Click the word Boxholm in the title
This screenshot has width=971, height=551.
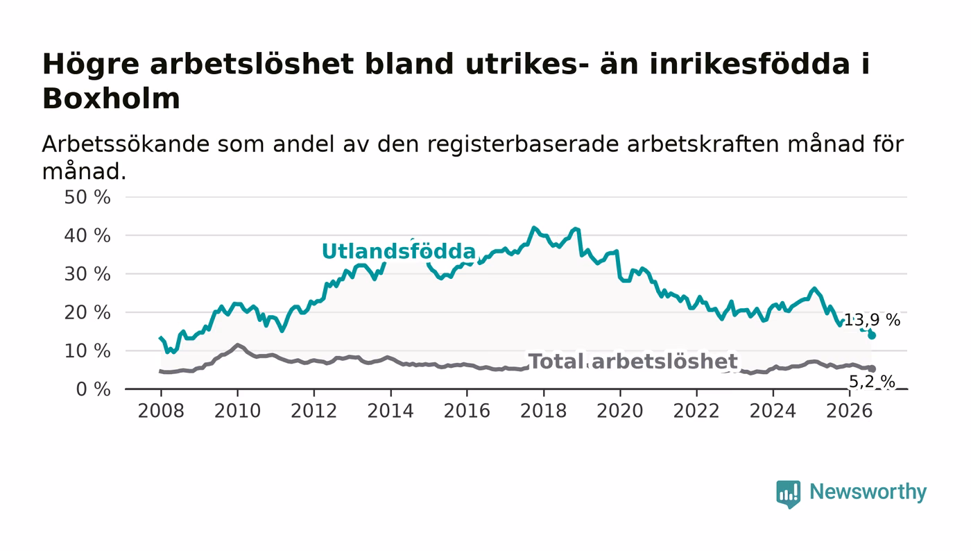(x=111, y=99)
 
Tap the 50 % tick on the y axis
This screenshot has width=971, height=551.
(x=87, y=197)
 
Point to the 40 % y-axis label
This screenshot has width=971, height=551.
(x=87, y=235)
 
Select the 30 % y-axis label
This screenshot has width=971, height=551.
(x=87, y=274)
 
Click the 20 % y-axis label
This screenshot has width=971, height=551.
(x=87, y=312)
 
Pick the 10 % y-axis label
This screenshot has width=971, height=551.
(x=87, y=351)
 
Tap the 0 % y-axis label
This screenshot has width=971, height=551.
(x=93, y=389)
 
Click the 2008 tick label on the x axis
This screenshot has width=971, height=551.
(x=161, y=411)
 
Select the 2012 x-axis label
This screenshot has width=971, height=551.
(x=313, y=411)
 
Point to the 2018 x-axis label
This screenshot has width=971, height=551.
(x=543, y=411)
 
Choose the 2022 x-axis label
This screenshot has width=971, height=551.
(x=696, y=411)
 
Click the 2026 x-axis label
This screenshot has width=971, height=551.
(x=849, y=411)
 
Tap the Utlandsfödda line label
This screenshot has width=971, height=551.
(x=399, y=251)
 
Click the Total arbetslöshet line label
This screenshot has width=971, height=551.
(x=633, y=362)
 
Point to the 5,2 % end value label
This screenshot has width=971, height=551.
(x=872, y=382)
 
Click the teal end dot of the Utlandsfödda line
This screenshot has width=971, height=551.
(x=872, y=335)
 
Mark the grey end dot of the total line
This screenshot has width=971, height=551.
(x=872, y=368)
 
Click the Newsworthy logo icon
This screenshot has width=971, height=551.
(x=788, y=493)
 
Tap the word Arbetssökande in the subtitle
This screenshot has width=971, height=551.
(x=126, y=144)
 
